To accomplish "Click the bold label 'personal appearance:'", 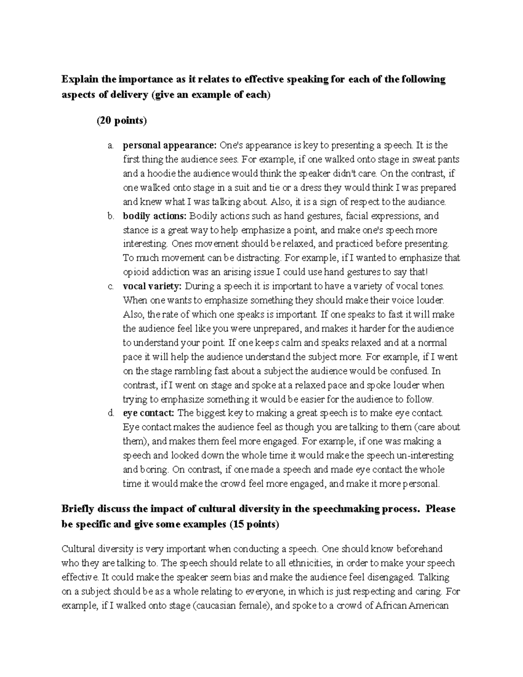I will pyautogui.click(x=170, y=145).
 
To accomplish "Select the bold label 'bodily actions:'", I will pyautogui.click(x=154, y=216).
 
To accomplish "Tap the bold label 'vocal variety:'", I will pyautogui.click(x=152, y=286).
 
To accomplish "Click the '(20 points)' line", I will pyautogui.click(x=122, y=121).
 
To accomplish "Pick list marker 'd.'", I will pyautogui.click(x=111, y=413).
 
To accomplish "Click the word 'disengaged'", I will pyautogui.click(x=391, y=577).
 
